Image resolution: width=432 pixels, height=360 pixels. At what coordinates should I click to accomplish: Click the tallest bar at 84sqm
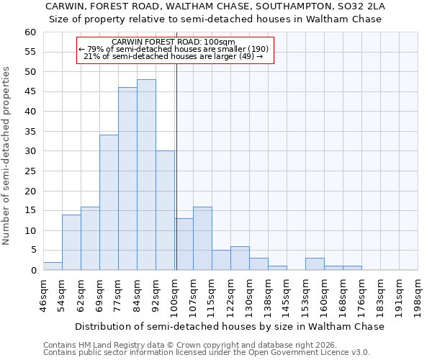[146, 175]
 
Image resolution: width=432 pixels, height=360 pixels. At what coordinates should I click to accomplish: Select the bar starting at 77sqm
[127, 179]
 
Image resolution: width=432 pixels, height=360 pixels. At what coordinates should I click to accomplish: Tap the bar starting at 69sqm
[109, 202]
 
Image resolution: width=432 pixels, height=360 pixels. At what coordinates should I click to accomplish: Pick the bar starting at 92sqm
[165, 210]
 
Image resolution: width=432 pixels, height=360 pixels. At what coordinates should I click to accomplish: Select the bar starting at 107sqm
[202, 238]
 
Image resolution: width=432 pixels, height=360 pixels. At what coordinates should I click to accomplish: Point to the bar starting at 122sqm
[240, 258]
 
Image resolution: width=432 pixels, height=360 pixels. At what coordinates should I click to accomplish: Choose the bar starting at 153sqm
[315, 264]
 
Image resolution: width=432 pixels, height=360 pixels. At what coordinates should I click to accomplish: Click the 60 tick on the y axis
[30, 32]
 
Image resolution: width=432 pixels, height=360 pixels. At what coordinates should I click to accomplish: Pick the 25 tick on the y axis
[30, 171]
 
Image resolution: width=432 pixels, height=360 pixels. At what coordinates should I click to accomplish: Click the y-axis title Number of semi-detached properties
[7, 155]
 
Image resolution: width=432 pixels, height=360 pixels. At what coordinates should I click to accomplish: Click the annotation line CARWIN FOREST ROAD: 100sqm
[174, 42]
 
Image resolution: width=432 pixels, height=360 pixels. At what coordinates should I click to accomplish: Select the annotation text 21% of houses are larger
[174, 56]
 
